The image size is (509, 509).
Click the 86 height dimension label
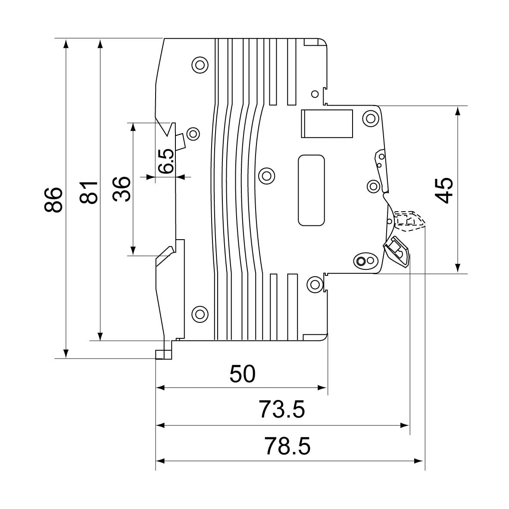54,199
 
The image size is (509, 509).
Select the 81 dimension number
89,192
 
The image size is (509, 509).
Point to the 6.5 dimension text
166,161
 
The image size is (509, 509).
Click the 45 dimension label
444,190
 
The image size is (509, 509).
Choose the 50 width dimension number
243,374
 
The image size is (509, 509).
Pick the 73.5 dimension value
282,409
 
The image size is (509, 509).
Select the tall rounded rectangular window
311,190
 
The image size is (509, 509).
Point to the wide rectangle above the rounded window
327,124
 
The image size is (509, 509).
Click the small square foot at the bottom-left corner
163,354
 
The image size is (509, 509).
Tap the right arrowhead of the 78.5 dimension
420,461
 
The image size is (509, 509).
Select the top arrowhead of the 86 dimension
66,44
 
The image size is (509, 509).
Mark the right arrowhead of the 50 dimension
323,388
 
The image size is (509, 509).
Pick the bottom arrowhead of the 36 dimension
133,250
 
